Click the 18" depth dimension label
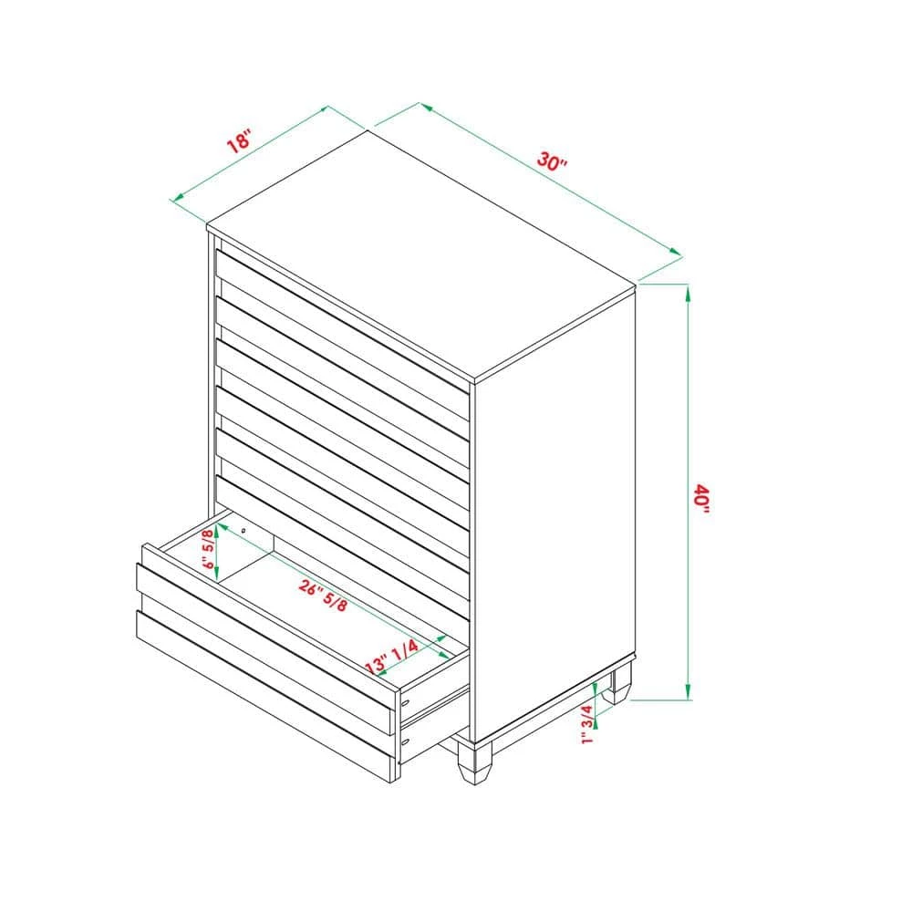click(238, 142)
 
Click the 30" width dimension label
click(552, 161)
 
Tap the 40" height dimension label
click(701, 498)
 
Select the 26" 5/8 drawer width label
click(324, 595)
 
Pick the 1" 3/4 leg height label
click(586, 724)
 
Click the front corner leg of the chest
click(474, 761)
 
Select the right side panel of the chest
click(554, 512)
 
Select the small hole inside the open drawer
click(244, 531)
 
